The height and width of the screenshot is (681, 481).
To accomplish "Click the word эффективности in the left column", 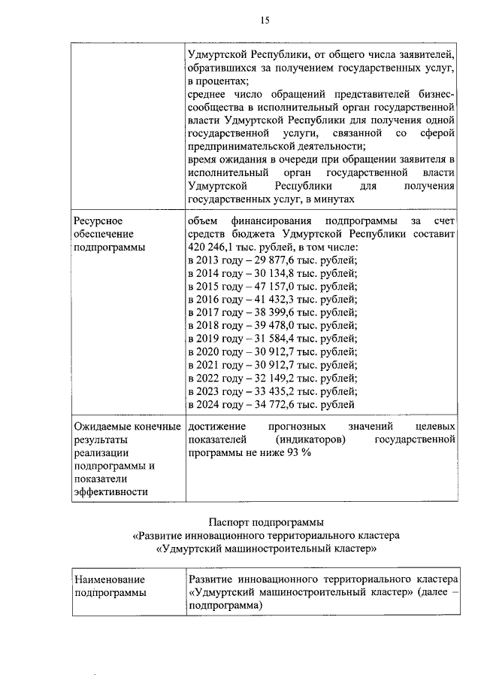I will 109,492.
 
